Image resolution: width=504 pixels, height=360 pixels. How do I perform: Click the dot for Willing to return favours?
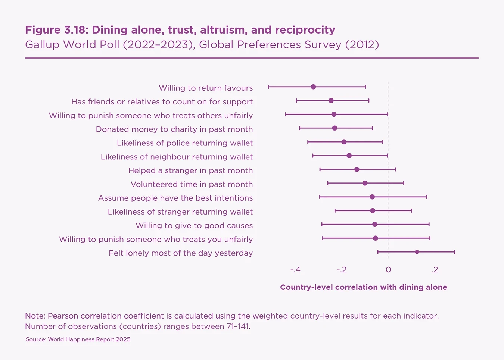point(313,87)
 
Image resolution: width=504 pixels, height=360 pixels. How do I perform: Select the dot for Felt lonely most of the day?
point(417,252)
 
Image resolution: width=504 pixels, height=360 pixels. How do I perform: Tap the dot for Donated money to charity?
point(335,128)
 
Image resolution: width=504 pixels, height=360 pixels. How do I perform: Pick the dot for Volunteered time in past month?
point(365,183)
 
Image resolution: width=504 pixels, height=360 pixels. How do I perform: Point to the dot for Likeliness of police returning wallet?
point(344,142)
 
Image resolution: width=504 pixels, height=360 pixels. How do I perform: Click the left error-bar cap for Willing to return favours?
point(268,87)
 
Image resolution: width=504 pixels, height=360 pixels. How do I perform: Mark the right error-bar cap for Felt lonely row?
point(454,252)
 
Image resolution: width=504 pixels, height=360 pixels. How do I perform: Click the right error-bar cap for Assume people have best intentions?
point(427,197)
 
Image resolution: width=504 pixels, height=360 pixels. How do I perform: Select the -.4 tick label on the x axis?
point(295,270)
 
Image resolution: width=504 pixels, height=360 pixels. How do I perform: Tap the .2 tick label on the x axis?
point(435,270)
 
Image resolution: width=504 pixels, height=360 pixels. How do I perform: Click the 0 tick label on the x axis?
point(388,270)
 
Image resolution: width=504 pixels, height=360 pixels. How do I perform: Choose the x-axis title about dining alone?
point(363,287)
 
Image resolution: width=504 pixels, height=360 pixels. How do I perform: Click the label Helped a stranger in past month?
point(190,170)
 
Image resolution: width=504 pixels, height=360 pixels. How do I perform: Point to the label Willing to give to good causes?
point(194,225)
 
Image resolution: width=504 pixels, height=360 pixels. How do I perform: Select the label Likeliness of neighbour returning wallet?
point(177,157)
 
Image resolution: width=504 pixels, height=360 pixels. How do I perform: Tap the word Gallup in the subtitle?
point(42,45)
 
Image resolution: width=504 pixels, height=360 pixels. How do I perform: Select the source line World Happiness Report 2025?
point(89,339)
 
